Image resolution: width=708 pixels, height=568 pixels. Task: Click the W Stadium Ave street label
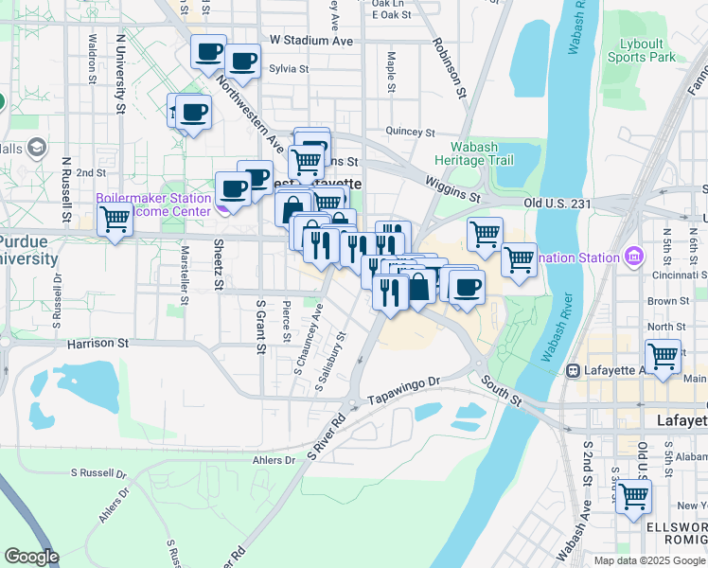(310, 41)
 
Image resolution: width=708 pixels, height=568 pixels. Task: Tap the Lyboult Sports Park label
(647, 50)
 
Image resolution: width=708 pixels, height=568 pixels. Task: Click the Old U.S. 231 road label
(558, 203)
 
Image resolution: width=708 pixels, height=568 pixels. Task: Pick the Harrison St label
(97, 343)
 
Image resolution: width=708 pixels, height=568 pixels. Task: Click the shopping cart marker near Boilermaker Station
(115, 220)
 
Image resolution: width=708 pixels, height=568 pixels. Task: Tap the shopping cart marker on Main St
(664, 356)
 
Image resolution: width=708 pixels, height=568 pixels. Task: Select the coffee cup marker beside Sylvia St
(242, 62)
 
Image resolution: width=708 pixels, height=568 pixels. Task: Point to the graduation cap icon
(38, 148)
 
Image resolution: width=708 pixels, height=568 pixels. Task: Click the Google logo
(31, 557)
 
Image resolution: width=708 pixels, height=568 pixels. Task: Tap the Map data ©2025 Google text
(649, 560)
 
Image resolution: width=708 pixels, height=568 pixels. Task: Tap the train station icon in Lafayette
(573, 369)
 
